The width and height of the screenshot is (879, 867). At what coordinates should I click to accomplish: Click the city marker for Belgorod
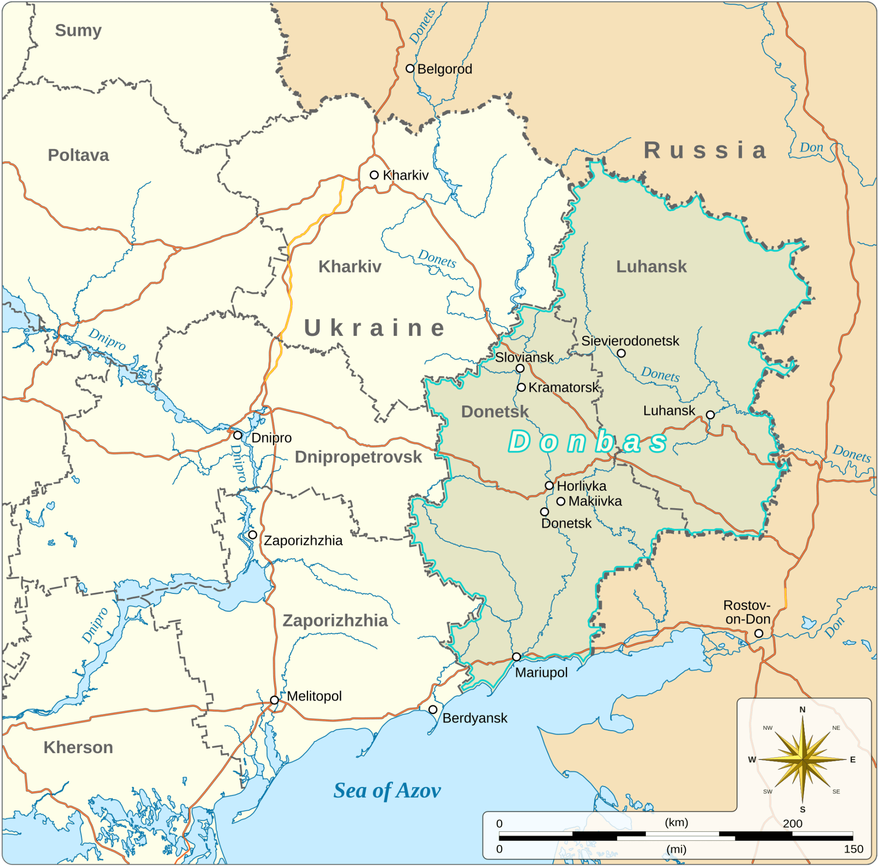click(x=410, y=69)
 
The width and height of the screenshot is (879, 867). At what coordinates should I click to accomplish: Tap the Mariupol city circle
click(x=516, y=657)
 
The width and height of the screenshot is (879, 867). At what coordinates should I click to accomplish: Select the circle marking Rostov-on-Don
click(x=759, y=634)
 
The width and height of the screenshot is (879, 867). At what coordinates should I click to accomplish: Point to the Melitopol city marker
click(x=274, y=700)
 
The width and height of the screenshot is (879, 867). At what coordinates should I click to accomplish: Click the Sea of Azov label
click(x=387, y=791)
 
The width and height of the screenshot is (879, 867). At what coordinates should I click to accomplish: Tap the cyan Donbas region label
click(x=588, y=442)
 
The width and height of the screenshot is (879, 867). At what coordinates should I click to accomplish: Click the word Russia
click(x=705, y=151)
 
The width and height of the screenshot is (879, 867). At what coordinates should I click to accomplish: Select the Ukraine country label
click(x=374, y=328)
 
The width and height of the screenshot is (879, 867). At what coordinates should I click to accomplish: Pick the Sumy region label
click(x=78, y=31)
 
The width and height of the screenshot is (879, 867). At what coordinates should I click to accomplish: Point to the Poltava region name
click(x=78, y=155)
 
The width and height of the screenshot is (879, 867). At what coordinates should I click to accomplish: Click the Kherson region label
click(x=78, y=747)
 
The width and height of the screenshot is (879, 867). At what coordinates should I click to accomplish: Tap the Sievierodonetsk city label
click(x=630, y=341)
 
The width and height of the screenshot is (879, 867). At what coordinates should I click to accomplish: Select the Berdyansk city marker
click(x=433, y=709)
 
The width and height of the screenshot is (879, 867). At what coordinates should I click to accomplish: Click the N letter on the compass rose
click(x=802, y=710)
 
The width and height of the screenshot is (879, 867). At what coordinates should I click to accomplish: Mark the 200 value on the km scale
click(x=792, y=823)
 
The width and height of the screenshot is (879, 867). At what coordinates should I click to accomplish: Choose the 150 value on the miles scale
click(x=853, y=849)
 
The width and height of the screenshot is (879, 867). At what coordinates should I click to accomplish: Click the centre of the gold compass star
click(x=803, y=759)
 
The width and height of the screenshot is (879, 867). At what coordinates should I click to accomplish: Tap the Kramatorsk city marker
click(x=521, y=388)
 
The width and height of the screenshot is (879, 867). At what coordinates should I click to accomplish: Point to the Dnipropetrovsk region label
click(x=358, y=457)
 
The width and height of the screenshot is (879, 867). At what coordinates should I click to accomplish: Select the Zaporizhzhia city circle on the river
click(x=252, y=535)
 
